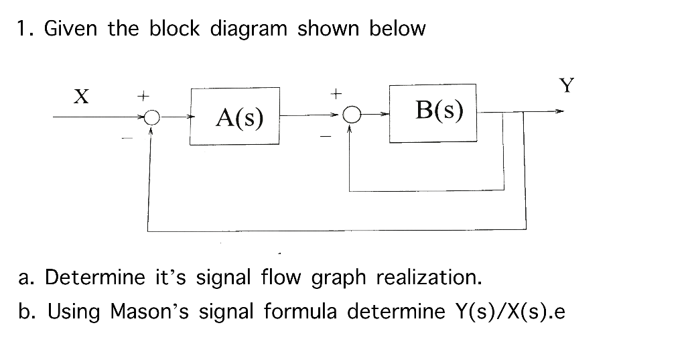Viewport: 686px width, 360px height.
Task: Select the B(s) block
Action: (433, 112)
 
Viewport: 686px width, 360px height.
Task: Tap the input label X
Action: (80, 97)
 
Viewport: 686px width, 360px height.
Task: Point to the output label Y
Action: (567, 85)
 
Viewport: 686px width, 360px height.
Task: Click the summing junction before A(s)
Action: (152, 117)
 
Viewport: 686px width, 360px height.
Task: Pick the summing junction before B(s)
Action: (349, 115)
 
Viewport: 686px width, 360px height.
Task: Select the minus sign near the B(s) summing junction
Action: (326, 137)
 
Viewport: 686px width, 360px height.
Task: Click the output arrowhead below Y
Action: (557, 112)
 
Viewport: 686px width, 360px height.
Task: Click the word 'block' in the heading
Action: (174, 29)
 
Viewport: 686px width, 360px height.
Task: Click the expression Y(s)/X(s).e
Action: (509, 312)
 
